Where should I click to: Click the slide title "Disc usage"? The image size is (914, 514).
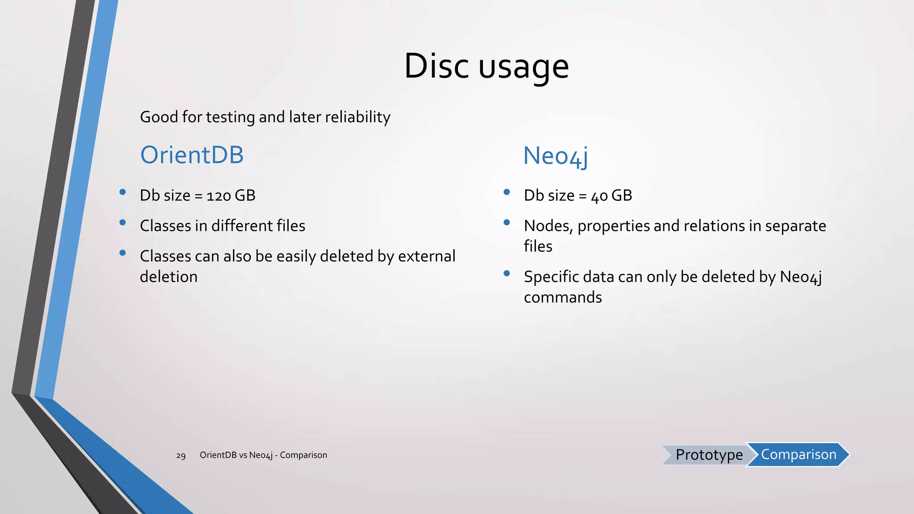click(486, 66)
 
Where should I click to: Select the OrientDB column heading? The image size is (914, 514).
click(192, 155)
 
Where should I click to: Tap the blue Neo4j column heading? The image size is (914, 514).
click(555, 156)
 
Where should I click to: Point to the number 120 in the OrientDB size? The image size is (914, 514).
click(219, 196)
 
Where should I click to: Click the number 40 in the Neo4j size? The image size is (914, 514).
click(599, 196)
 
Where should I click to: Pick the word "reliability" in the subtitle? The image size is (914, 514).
click(357, 117)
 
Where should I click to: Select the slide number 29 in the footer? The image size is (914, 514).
click(181, 456)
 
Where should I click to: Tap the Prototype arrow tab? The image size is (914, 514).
click(708, 455)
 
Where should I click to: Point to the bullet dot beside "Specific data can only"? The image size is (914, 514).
click(507, 274)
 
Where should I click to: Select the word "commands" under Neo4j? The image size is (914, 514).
click(563, 297)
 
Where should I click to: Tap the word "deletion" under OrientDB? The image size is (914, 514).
click(169, 277)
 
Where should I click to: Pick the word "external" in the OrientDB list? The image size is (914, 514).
click(426, 257)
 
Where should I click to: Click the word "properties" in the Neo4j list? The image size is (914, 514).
click(613, 226)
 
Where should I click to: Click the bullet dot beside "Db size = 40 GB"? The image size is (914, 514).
click(507, 192)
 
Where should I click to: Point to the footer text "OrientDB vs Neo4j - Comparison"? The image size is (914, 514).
click(263, 455)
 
